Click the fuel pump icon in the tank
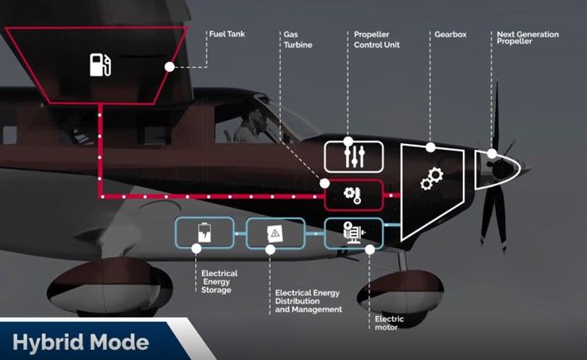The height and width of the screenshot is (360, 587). click(99, 64)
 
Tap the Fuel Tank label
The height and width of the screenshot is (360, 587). click(224, 35)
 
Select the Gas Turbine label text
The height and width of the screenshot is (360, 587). click(297, 40)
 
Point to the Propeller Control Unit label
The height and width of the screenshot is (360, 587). click(377, 40)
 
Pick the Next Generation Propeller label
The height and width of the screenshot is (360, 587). click(527, 38)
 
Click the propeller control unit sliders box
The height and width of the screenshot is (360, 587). click(354, 156)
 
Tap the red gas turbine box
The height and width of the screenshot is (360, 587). click(354, 195)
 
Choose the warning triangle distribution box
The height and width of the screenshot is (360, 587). click(274, 233)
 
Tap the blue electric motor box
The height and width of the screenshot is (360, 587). click(354, 233)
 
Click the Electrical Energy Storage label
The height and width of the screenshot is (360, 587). click(219, 281)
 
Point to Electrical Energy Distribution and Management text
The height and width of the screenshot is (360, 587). click(307, 300)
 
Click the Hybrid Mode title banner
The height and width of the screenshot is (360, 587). click(83, 342)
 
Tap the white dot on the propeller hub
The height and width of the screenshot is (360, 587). click(492, 154)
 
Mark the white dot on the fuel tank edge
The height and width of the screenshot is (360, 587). click(170, 65)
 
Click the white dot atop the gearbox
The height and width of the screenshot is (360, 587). click(431, 147)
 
